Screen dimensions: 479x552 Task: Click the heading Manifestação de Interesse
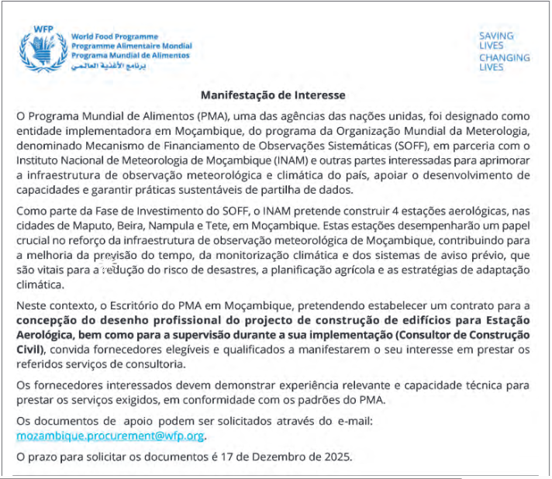[273, 95]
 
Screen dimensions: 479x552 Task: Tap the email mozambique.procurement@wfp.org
[111, 436]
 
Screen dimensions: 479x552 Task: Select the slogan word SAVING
[497, 36]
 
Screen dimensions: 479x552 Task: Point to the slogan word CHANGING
[505, 57]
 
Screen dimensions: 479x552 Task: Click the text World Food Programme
[115, 36]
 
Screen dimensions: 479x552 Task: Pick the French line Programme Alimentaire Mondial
[132, 46]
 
